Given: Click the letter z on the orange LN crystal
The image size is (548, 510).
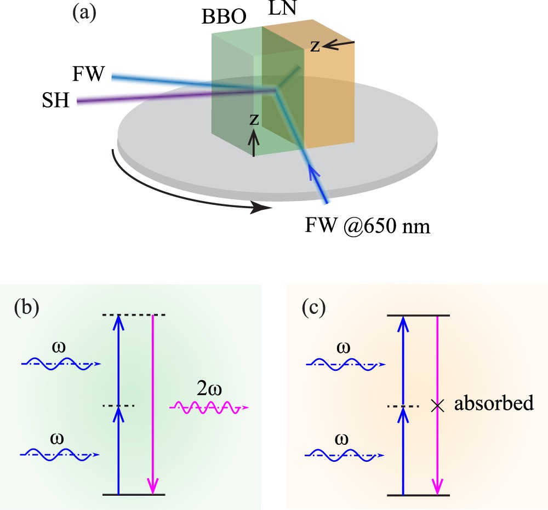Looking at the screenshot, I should coord(315,45).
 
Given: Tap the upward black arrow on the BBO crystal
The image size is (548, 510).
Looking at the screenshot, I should coord(254,145).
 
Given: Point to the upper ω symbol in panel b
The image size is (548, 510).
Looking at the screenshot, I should coord(60,349).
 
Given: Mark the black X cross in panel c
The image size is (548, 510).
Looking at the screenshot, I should coord(437,406).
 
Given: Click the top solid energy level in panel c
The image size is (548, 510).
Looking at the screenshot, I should coord(419,316).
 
